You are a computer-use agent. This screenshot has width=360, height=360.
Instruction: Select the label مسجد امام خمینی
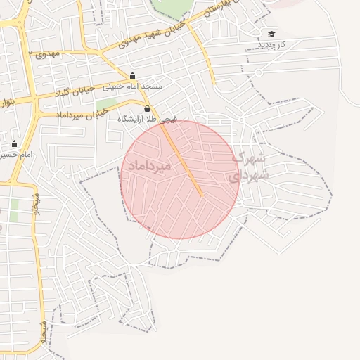(133, 86)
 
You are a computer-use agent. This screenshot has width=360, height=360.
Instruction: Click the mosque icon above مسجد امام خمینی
(132, 76)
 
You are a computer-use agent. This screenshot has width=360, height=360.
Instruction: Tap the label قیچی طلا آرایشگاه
(148, 120)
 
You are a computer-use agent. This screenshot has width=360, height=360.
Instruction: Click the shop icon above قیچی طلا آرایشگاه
(147, 109)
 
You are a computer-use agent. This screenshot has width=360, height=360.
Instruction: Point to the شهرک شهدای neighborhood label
(247, 166)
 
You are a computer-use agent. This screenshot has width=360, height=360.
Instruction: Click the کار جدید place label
(271, 44)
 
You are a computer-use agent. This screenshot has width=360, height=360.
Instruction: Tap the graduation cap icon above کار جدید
(271, 34)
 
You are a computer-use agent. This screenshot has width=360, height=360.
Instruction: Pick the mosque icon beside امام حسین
(14, 144)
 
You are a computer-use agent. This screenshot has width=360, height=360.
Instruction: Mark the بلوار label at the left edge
(6, 105)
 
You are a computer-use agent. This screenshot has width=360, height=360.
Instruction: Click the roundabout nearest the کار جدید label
(259, 72)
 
